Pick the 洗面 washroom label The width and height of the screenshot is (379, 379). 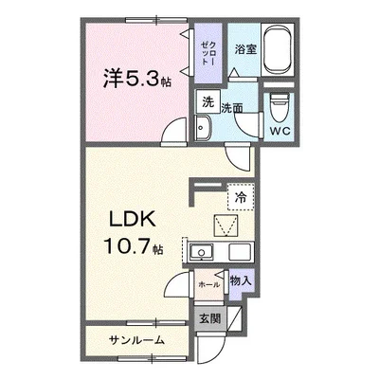[x=231, y=108]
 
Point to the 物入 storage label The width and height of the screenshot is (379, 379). [x=241, y=280]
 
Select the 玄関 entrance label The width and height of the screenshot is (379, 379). [x=210, y=318]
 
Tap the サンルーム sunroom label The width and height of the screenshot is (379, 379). [x=135, y=339]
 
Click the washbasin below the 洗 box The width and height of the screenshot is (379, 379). [x=206, y=129]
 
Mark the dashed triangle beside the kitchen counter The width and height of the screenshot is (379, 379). [x=226, y=226]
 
